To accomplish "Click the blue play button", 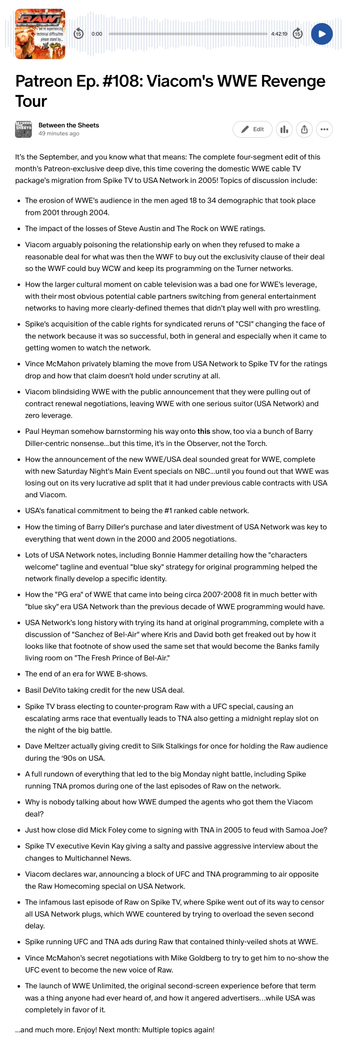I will tap(322, 34).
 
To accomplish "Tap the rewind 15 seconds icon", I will tap(78, 34).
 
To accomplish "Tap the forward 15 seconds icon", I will tap(298, 34).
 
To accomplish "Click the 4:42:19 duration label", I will tap(279, 34).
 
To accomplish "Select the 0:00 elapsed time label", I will tap(97, 34).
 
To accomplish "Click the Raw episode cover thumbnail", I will tap(40, 34).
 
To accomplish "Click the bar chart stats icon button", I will tap(284, 129).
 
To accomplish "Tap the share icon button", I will tap(304, 129).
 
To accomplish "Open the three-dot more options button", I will tap(324, 129).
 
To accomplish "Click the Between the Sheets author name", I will tap(69, 125).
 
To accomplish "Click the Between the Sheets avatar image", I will tap(24, 129).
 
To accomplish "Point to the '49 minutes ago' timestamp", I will tap(59, 134).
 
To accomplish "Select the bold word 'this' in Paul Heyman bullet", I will tap(204, 432).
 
